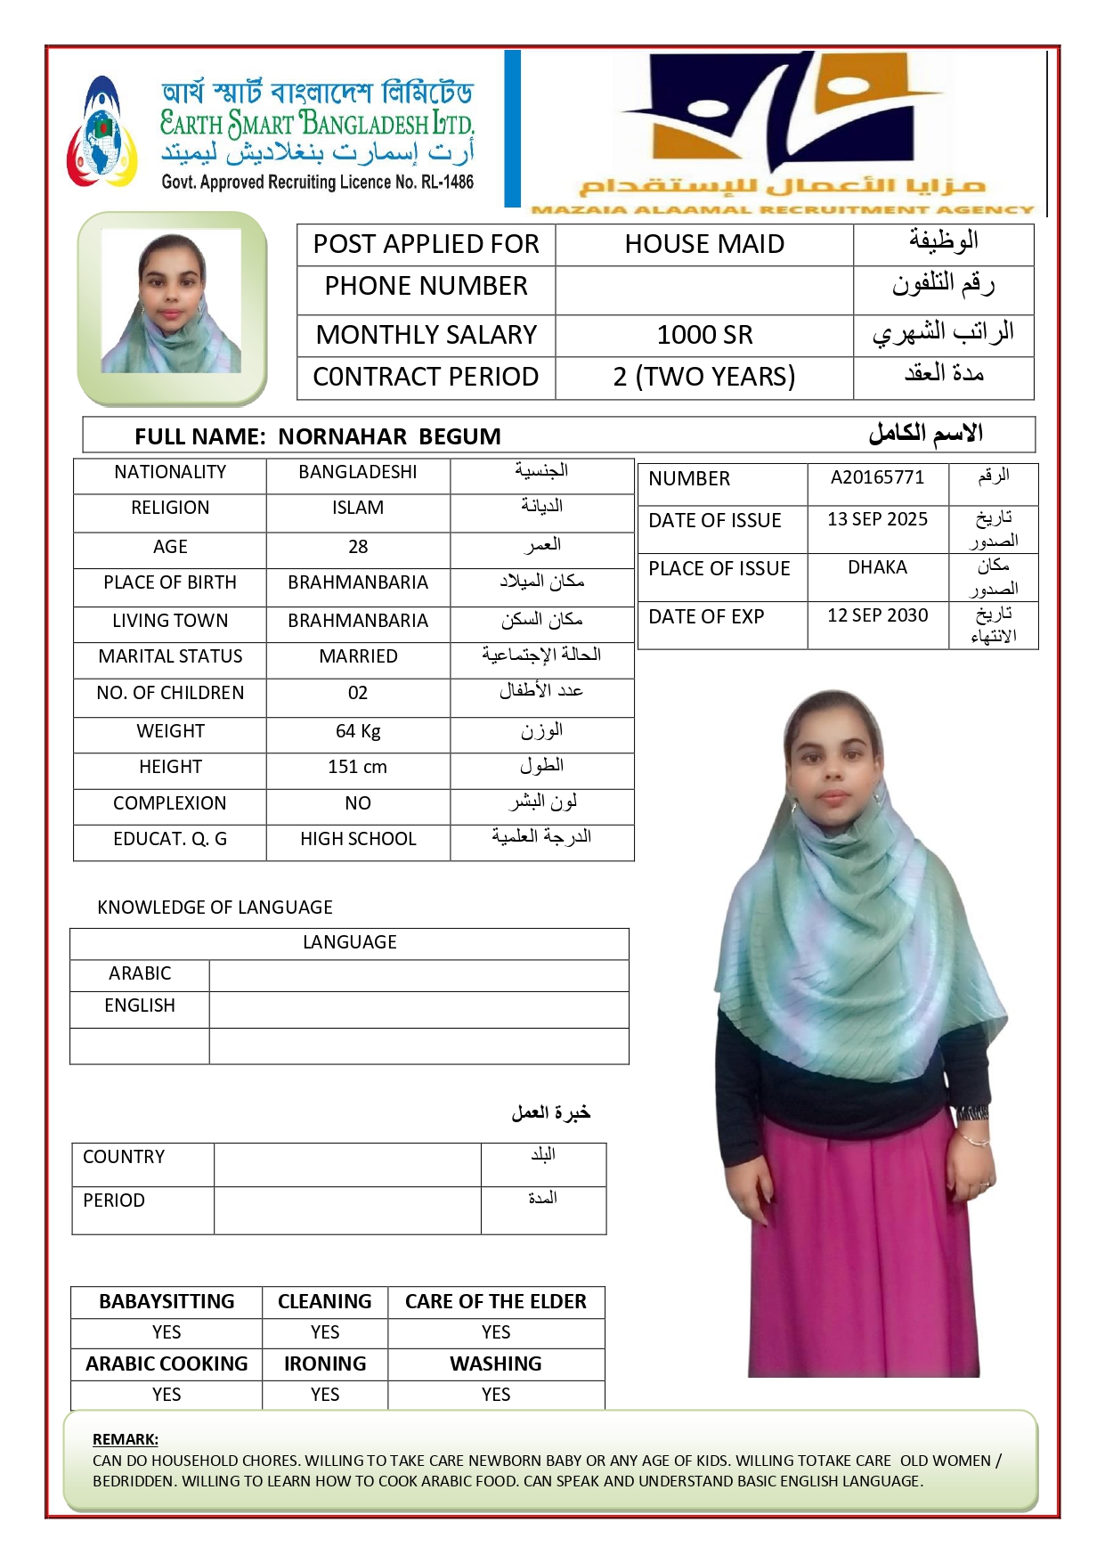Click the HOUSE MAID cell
pos(704,244)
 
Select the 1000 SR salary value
pos(704,335)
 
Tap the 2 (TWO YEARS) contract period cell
pos(704,377)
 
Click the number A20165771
pos(877,477)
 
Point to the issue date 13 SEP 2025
pos(877,519)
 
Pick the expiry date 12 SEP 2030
pos(877,615)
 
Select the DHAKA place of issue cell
pos(877,567)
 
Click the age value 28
pos(358,547)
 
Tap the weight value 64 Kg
pos(358,731)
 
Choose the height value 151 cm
pos(358,767)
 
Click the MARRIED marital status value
pos(358,656)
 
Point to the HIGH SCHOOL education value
pos(358,839)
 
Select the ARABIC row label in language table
pos(140,973)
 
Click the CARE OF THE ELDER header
pos(496,1301)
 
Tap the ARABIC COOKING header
pos(167,1364)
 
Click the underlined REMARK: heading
pos(126,1439)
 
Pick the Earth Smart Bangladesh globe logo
pos(102,134)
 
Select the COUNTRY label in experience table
pos(124,1157)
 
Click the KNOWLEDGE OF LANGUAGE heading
pos(215,908)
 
